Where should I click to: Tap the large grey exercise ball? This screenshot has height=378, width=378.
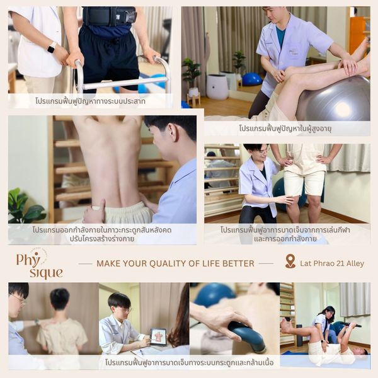pos(335,99)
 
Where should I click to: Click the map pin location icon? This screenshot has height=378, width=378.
pos(290,261)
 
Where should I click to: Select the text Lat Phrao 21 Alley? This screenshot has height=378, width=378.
pos(332,263)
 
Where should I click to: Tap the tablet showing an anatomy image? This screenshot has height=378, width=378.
pos(158,337)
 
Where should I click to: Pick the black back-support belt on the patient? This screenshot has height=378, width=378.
pos(109,16)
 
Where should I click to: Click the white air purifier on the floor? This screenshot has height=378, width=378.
pos(217,87)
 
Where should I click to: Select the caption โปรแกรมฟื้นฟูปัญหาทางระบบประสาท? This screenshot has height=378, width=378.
pos(90,101)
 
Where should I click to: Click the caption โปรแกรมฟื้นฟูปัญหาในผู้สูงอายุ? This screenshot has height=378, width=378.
pos(285,129)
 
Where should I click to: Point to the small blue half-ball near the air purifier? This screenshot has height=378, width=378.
pos(252,79)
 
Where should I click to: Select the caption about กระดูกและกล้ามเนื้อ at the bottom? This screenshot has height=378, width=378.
pos(189,362)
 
